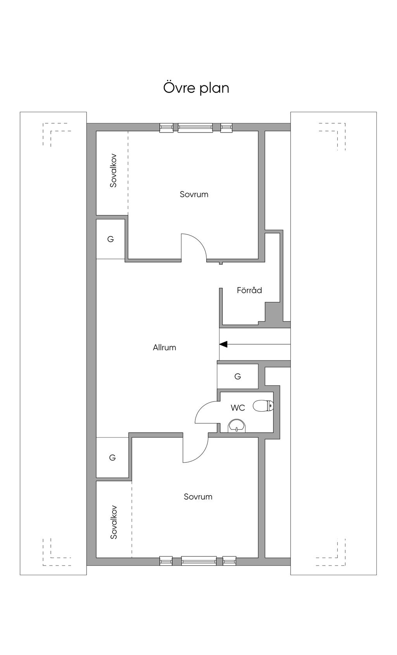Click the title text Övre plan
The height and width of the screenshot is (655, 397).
(x=196, y=88)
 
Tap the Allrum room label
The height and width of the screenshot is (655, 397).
(x=164, y=348)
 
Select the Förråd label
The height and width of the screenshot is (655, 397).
(x=249, y=290)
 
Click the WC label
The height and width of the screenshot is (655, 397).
(x=238, y=408)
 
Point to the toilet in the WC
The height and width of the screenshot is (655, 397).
(x=263, y=406)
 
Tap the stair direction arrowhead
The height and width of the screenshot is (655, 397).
(x=223, y=344)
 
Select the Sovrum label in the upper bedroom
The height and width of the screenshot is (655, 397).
(x=194, y=194)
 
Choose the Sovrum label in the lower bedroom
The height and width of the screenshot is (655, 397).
(x=198, y=497)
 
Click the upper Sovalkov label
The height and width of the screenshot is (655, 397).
(x=113, y=171)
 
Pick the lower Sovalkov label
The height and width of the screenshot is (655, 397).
(x=114, y=522)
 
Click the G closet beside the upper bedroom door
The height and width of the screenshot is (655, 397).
(x=110, y=239)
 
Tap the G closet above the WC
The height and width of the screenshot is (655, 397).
(x=238, y=376)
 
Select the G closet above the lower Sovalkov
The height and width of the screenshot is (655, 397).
(x=112, y=458)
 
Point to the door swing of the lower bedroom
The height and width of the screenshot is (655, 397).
(x=196, y=450)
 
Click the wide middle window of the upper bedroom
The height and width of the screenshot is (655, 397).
(x=195, y=128)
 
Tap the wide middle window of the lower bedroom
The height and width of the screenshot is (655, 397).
(x=198, y=560)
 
